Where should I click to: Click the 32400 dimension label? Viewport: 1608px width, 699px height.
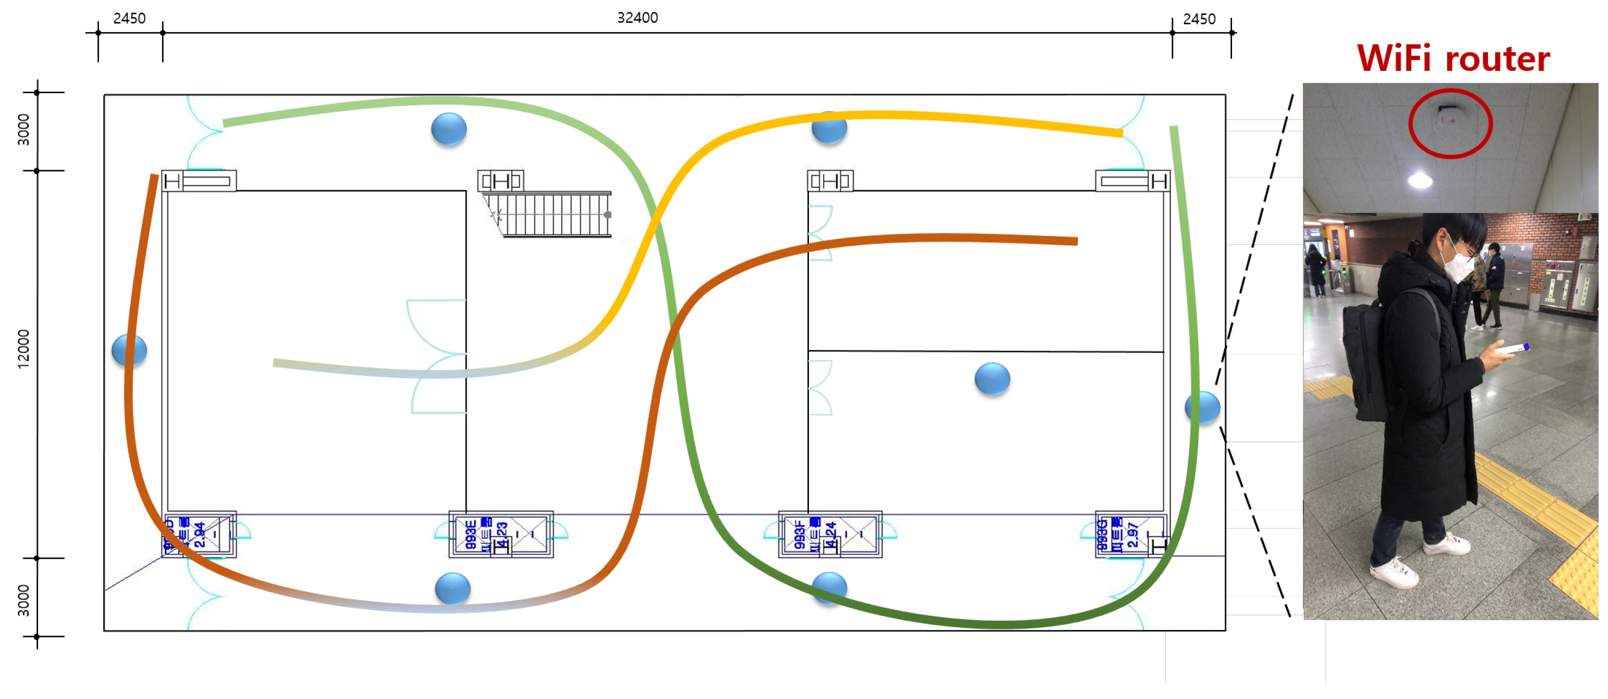638,17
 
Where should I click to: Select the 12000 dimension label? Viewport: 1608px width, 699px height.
23,349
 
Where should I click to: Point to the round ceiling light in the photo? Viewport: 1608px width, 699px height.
1420,181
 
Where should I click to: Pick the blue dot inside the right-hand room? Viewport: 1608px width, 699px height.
992,379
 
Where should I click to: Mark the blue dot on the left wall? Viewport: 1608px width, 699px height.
129,350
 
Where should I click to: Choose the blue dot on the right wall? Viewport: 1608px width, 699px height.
1202,408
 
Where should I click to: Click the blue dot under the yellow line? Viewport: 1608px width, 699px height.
829,129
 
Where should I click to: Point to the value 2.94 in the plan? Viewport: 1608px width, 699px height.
199,535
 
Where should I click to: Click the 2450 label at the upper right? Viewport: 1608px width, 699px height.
1198,19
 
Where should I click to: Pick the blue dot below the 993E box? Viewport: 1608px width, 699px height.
453,588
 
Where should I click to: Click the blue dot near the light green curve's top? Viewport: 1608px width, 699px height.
449,129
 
